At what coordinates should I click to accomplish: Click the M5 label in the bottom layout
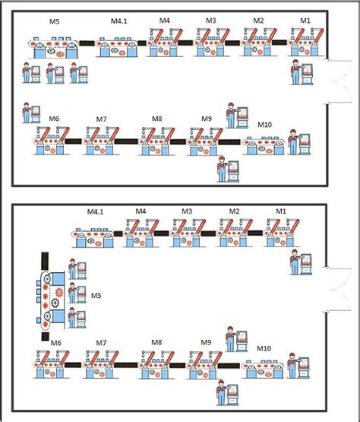coord(96,295)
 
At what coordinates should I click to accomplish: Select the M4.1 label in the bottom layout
coord(95,211)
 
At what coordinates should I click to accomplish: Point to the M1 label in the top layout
coord(305,20)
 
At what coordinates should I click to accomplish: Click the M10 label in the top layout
coord(264,124)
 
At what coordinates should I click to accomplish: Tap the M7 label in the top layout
coord(102,119)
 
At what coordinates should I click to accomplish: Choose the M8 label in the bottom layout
coord(156,343)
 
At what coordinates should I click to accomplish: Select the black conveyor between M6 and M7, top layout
coord(74,141)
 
